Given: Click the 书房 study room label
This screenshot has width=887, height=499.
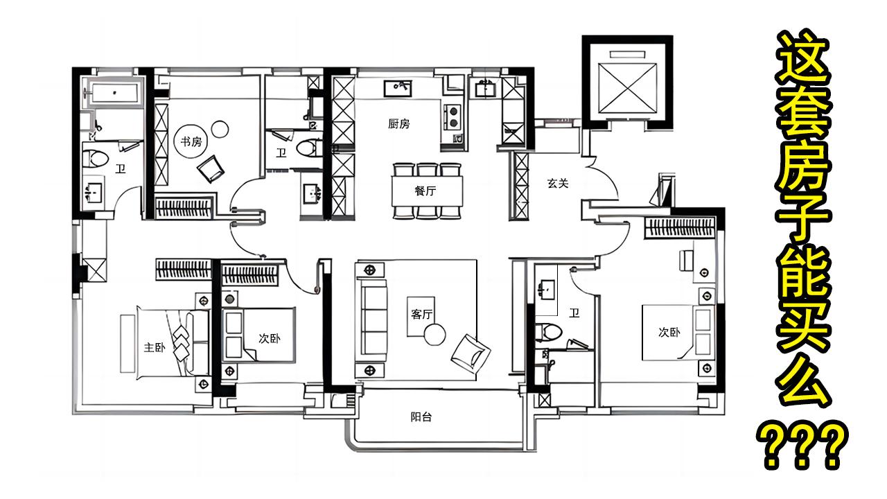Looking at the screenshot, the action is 191,141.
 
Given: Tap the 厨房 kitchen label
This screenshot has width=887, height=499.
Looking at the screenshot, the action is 398,124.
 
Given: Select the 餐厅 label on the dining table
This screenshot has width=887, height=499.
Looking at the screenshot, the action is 425,191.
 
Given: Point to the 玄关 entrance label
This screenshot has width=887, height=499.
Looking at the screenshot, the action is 558,184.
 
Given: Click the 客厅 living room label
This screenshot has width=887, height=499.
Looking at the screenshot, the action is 421,314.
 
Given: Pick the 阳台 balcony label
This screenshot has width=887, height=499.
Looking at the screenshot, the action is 421,417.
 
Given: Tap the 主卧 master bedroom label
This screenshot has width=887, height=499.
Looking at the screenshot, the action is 155,348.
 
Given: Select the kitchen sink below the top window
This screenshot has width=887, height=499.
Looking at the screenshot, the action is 398,88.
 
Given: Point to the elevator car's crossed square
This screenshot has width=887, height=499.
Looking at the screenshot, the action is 628,88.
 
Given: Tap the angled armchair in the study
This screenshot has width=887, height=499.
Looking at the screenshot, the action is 211,168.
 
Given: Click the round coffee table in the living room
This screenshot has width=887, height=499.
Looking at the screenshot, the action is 434,335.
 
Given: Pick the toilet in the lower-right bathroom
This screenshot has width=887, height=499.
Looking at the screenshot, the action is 548,332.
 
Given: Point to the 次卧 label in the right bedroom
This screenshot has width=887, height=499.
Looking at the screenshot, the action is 669,332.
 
